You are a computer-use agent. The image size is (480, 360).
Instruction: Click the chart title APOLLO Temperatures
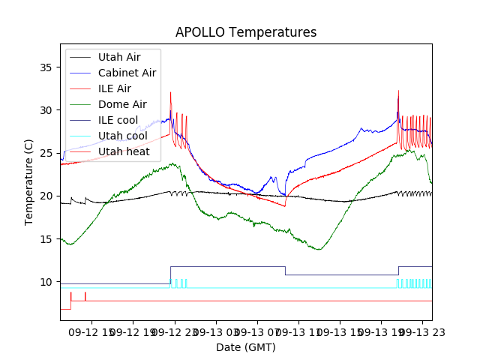pos(246,32)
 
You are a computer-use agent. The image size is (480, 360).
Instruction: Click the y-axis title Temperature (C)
pos(29,181)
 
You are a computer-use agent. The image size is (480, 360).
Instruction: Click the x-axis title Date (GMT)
pos(246,347)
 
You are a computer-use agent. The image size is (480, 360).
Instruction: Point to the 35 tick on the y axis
pos(46,67)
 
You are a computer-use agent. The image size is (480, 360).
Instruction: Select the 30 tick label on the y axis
pos(46,110)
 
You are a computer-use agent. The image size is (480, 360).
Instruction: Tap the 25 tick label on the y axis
pos(46,153)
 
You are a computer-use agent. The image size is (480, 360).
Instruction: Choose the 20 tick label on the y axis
pos(46,196)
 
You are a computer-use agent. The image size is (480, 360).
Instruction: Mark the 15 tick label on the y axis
pos(46,239)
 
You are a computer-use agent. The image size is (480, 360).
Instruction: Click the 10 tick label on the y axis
pos(46,282)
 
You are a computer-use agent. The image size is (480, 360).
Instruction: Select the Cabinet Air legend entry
pos(127,73)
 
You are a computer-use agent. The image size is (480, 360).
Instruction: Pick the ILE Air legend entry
pos(115,88)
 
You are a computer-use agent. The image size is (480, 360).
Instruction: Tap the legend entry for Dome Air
pos(122,104)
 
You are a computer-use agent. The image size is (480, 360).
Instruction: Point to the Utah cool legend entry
pos(122,136)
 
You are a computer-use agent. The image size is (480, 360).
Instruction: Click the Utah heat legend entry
pos(123,151)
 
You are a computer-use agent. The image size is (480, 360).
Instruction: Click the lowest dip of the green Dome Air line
pos(319,250)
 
